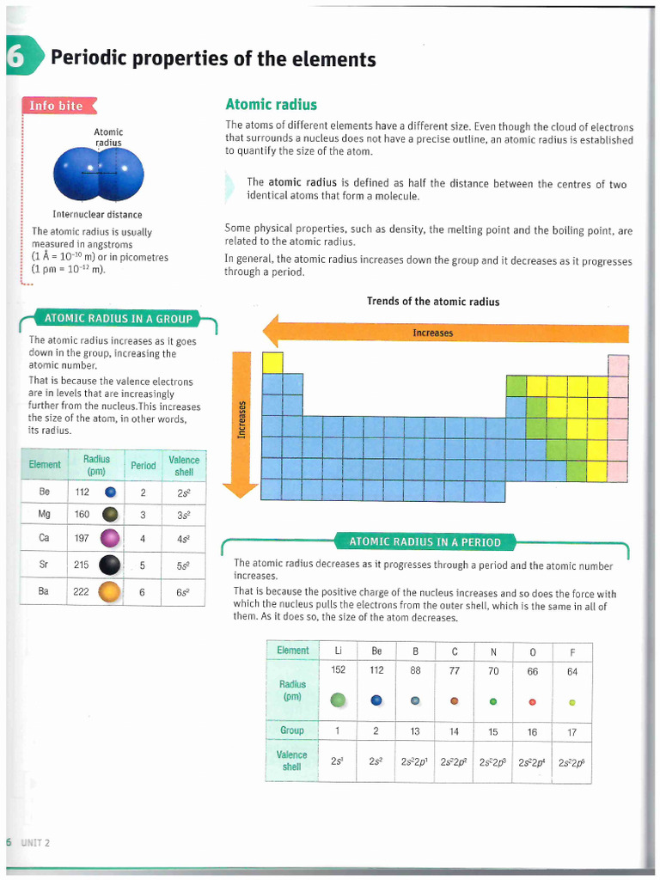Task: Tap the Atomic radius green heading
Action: coord(271,105)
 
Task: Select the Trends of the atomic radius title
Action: coord(432,302)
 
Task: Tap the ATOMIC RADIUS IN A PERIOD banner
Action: coord(425,541)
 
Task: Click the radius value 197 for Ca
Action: coord(82,538)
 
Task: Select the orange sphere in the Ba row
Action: coord(109,592)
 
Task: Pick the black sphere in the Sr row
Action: coord(109,565)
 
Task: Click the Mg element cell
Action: coord(45,515)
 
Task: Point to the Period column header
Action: coord(144,466)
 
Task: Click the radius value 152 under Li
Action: coord(339,670)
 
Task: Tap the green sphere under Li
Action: coord(339,700)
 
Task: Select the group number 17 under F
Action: coord(571,731)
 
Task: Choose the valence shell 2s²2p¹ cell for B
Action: coord(415,761)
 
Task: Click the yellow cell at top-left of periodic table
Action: coord(272,363)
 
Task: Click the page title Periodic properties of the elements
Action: coord(213,59)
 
